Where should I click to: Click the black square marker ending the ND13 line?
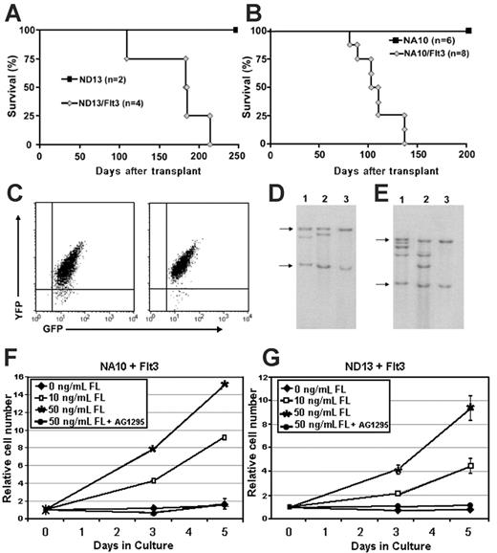[235, 31]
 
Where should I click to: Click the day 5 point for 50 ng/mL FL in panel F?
[224, 385]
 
